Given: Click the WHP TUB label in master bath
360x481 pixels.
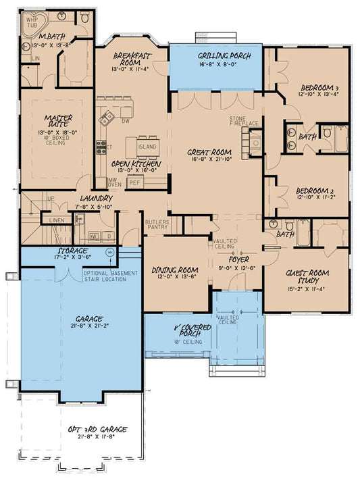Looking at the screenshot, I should (32, 22).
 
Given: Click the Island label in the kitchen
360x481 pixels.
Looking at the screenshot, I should (147, 147).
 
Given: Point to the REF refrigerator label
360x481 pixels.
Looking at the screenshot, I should (134, 182).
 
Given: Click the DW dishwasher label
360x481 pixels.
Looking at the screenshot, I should (126, 122).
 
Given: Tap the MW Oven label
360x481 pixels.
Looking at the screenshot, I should (115, 182).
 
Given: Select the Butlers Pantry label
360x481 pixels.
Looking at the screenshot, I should (157, 225).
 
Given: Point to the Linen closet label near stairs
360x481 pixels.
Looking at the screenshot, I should (57, 221).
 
